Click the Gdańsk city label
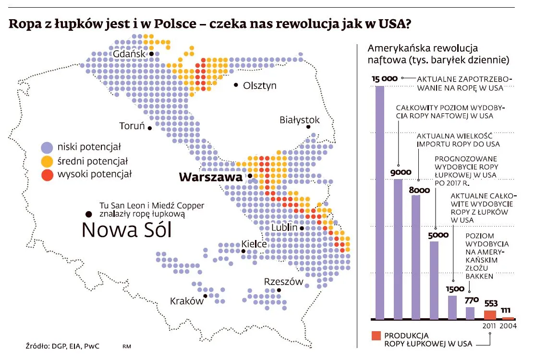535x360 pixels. point(129,54)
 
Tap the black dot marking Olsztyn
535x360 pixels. point(236,85)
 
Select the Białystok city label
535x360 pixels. point(299,120)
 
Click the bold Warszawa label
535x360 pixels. point(210,177)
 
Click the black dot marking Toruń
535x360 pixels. point(150,128)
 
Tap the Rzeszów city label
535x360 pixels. point(284,282)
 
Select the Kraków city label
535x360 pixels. point(187,301)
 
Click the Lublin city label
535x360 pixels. point(284,228)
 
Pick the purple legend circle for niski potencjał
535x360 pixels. point(47,146)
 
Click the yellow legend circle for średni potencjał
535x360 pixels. point(47,160)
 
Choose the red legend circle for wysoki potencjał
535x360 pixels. point(47,174)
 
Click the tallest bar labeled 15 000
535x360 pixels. point(379,202)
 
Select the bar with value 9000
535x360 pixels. point(398,250)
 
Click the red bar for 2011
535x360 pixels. point(489,315)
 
